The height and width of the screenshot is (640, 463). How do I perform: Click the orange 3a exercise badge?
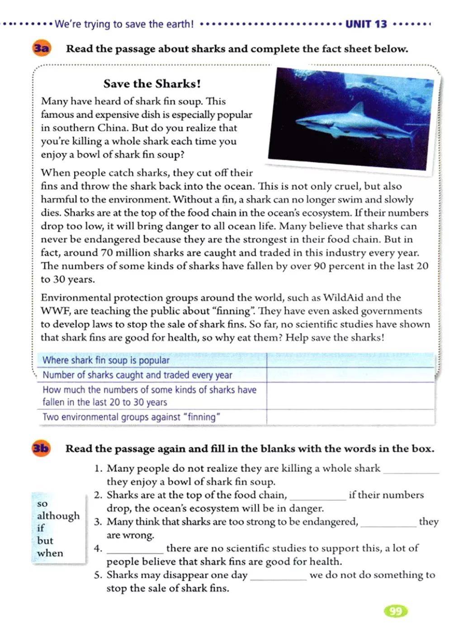[41, 48]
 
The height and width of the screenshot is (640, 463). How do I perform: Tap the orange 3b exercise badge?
[41, 448]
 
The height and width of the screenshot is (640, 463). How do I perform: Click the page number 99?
[396, 611]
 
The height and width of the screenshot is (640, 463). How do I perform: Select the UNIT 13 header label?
[366, 24]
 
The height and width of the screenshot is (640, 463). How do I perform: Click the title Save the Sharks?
[152, 84]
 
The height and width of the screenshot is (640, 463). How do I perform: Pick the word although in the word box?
[58, 516]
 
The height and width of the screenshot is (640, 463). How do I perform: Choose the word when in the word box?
[50, 553]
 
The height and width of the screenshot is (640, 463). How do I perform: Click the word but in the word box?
[45, 540]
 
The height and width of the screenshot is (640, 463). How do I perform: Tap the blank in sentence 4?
[135, 549]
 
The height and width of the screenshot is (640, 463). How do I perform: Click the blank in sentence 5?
[278, 576]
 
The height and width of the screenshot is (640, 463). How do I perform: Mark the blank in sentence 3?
[388, 522]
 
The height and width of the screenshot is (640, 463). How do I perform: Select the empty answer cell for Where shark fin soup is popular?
[350, 360]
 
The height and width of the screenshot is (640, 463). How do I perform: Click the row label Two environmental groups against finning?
[131, 417]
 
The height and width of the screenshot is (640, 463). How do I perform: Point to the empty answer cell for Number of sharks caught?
[350, 375]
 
